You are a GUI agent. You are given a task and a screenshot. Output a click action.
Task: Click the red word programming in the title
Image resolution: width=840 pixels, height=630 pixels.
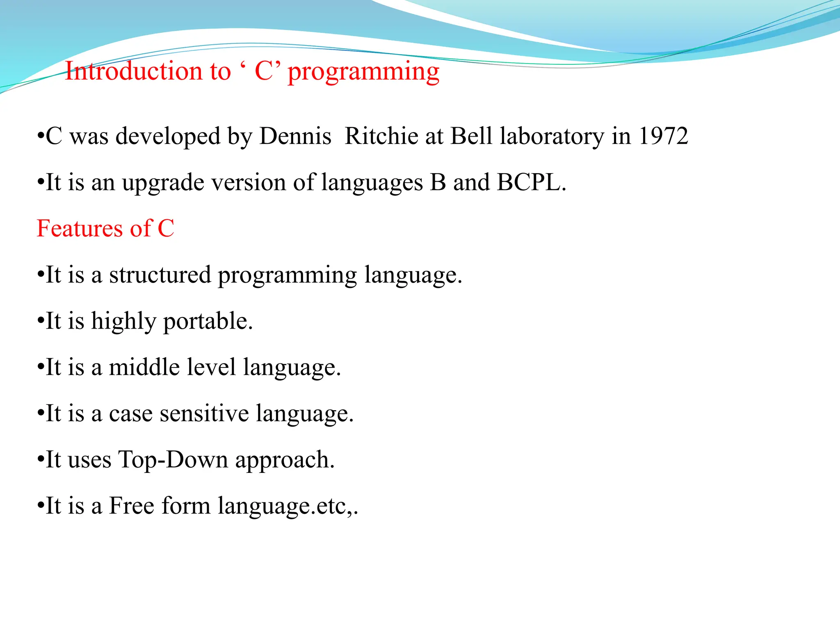(x=363, y=73)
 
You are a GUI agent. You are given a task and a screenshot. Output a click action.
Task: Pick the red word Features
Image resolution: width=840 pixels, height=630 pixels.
(x=80, y=228)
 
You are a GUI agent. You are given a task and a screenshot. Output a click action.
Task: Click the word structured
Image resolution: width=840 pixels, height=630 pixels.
(x=160, y=275)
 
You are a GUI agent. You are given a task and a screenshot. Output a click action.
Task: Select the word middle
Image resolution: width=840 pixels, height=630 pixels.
(x=144, y=367)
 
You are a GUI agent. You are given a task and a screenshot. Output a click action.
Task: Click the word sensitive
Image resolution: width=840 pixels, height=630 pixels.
(x=204, y=413)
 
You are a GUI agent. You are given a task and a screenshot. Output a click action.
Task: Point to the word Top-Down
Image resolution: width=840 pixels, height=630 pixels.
(x=173, y=460)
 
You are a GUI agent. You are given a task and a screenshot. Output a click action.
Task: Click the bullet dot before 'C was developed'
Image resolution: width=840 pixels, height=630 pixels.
(x=40, y=137)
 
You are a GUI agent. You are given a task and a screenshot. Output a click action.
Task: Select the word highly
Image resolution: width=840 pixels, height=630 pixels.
(x=123, y=322)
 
